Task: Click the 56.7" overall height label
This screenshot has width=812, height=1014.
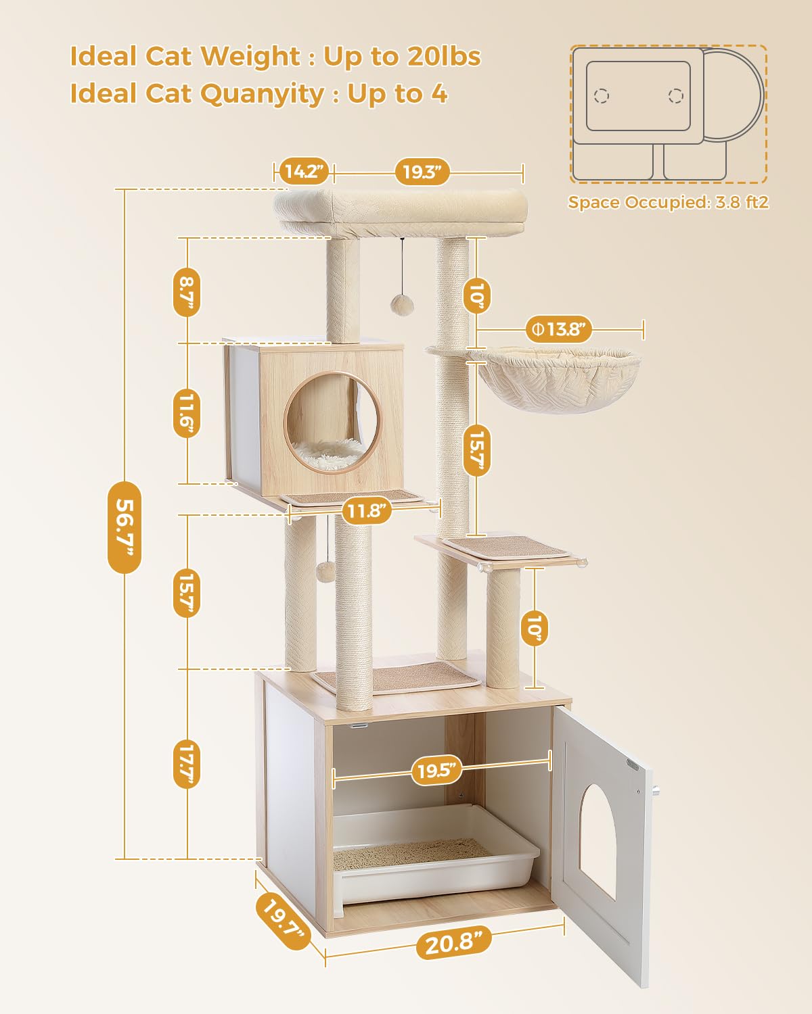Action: point(125,526)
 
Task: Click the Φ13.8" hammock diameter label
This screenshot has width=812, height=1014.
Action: point(559,330)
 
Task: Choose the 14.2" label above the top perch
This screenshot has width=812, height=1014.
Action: point(302,172)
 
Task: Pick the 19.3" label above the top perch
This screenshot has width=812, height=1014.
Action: point(422,172)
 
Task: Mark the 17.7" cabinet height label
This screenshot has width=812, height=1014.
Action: point(187,764)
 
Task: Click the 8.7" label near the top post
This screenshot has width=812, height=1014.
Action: point(186,291)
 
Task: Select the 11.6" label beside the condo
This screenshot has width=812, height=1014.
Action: point(187,412)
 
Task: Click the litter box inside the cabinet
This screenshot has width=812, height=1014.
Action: point(433,855)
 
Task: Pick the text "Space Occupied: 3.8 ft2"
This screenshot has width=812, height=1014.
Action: point(668,202)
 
